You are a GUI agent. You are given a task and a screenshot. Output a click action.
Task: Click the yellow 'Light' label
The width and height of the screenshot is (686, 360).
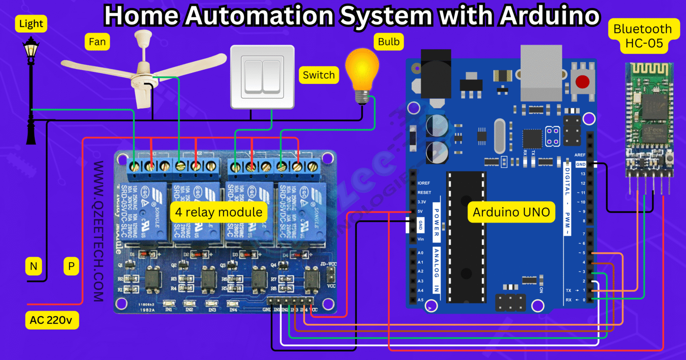point(31,24)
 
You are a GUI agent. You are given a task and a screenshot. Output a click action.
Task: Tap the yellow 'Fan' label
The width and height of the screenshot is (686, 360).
point(97,42)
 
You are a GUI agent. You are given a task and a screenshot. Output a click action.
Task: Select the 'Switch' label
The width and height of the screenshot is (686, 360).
point(318,75)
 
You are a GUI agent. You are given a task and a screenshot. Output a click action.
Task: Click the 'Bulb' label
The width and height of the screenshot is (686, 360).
point(389,42)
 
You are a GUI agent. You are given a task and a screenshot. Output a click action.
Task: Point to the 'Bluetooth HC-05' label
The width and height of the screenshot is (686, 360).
point(642,36)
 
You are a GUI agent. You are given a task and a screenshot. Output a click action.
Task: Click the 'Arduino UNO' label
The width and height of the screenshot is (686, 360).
point(511,212)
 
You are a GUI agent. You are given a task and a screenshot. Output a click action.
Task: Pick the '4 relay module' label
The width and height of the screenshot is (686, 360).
point(218,212)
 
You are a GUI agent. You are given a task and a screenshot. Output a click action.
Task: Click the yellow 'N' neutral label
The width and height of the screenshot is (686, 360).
point(33,267)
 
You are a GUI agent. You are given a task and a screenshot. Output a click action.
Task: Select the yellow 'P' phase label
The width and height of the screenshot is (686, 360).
point(71,267)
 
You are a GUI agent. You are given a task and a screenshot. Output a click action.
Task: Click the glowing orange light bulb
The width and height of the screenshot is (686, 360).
point(362,71)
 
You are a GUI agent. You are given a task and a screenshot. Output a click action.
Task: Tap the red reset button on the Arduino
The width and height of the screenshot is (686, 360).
point(582,82)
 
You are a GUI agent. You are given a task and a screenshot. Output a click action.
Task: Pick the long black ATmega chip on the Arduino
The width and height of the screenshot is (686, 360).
point(466,237)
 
